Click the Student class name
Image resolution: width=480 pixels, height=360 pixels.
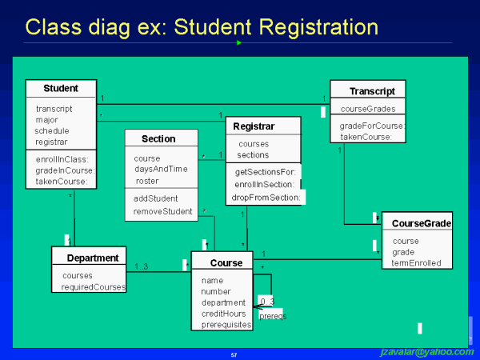[61, 88]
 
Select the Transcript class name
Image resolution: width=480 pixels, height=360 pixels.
[372, 91]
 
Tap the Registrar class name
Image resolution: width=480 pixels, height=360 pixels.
[254, 126]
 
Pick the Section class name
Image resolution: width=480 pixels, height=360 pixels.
[158, 138]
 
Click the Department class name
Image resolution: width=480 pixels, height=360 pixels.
[93, 258]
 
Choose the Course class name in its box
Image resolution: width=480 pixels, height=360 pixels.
[226, 262]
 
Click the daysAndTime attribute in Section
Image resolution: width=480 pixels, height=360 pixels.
[160, 169]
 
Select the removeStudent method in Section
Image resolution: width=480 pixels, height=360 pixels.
[162, 212]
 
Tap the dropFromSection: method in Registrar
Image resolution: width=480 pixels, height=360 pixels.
[266, 197]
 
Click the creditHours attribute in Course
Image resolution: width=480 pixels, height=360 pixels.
[223, 314]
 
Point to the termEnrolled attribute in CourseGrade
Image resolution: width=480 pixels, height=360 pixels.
[416, 262]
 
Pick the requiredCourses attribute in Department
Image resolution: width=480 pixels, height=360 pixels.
[94, 286]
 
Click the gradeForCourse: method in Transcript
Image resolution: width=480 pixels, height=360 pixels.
[372, 126]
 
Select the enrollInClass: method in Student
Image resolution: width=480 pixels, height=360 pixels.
[62, 158]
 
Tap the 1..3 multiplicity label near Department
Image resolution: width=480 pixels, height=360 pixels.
[141, 266]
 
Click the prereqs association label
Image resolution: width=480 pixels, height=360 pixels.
[272, 316]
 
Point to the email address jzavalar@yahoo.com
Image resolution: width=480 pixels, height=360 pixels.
[426, 352]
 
